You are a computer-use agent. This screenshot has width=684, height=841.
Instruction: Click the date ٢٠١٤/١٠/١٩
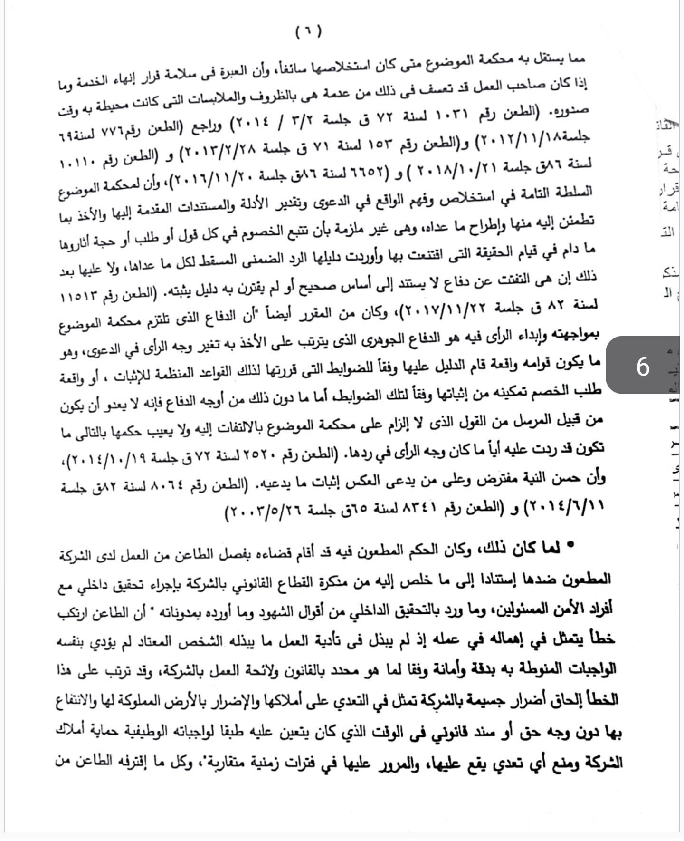[104, 460]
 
